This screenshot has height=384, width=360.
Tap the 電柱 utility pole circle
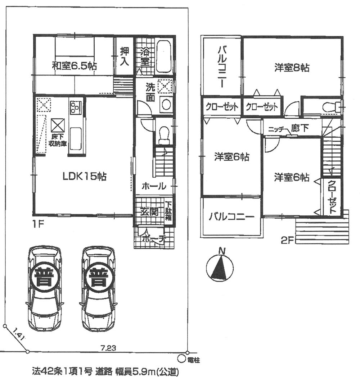[x=181, y=358]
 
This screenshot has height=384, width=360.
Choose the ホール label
[x=154, y=186]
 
